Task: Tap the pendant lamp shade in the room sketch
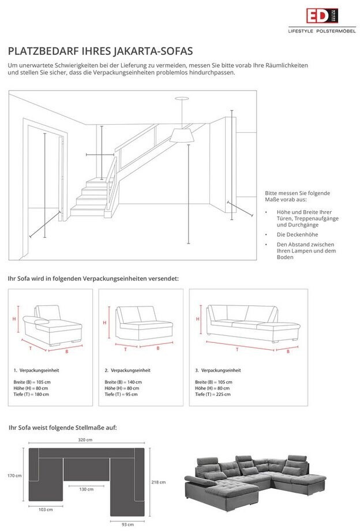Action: click(181, 135)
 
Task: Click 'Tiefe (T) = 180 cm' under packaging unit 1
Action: click(32, 394)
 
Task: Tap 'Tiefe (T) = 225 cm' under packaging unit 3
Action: click(213, 394)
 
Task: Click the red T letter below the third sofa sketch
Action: click(237, 349)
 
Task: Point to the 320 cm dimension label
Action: click(85, 440)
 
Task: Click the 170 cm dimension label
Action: click(14, 476)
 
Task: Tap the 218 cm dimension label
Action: click(159, 482)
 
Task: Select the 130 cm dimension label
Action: click(85, 489)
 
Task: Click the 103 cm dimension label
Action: click(46, 510)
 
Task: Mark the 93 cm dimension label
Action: click(128, 524)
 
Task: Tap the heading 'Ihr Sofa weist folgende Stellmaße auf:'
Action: click(62, 428)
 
